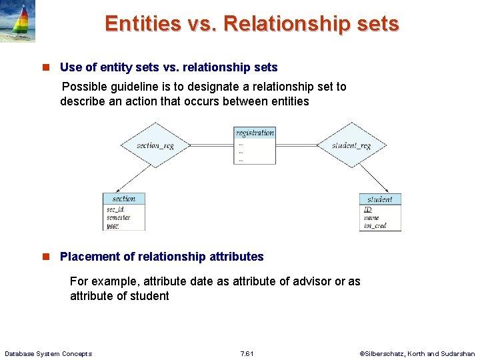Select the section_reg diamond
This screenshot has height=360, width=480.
click(x=155, y=145)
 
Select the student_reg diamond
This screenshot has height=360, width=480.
click(x=351, y=145)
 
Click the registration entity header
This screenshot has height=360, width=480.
click(x=255, y=133)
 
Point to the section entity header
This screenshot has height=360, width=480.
click(x=123, y=199)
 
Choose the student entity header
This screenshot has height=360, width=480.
click(x=380, y=199)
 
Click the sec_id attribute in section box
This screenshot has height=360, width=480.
click(x=115, y=209)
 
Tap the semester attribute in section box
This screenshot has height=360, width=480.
click(x=118, y=217)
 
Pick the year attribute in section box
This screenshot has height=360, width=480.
click(x=113, y=225)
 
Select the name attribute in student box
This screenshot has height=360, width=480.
click(x=371, y=218)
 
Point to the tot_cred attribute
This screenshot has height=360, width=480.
click(x=375, y=226)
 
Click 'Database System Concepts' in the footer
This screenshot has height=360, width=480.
click(x=48, y=353)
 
